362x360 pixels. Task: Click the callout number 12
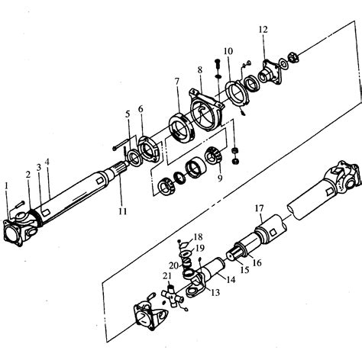[x=263, y=30]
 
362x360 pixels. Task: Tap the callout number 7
[x=177, y=82]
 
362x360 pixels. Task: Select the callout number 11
[x=123, y=211]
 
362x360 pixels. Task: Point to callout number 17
[x=260, y=208]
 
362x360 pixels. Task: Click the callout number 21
[x=167, y=276]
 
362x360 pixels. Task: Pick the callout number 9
[x=220, y=178]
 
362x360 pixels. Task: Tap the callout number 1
[x=7, y=186]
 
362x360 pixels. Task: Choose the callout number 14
[x=231, y=280]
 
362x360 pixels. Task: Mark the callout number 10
[x=228, y=51]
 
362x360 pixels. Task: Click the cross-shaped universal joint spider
[x=173, y=297]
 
